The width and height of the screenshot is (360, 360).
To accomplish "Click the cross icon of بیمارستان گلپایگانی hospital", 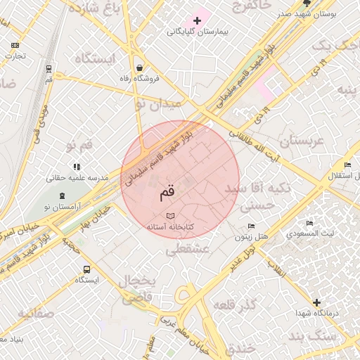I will pos(196,20).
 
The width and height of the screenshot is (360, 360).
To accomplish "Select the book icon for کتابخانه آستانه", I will pos(169,216).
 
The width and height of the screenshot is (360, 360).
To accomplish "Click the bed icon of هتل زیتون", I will pos(251,226).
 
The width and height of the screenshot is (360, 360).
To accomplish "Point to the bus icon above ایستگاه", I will pos(86,269).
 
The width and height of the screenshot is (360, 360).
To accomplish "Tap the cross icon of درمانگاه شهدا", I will pos(316,302).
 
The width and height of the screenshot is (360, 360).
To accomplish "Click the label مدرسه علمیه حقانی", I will pos(77,178).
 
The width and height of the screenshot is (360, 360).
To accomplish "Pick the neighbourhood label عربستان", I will pos(300,141).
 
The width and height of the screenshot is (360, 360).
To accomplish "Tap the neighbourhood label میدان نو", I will pos(157,103).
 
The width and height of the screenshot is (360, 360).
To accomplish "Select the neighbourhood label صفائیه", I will pos(35,313).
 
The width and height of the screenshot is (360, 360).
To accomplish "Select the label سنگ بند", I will pos(316,338).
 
